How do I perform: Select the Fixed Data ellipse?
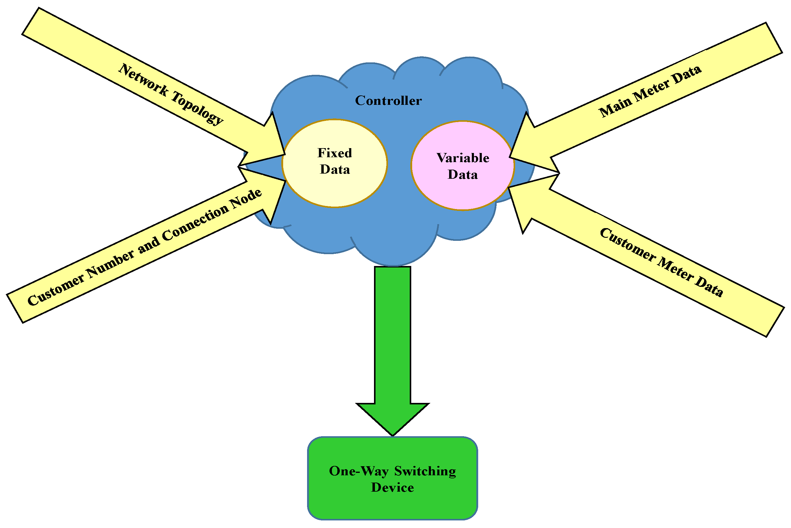pos(335,188)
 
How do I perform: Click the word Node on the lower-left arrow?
pos(246,199)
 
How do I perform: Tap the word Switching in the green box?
pos(425,471)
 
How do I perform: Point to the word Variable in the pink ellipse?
pos(462,158)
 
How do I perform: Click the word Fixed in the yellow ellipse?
pos(335,153)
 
